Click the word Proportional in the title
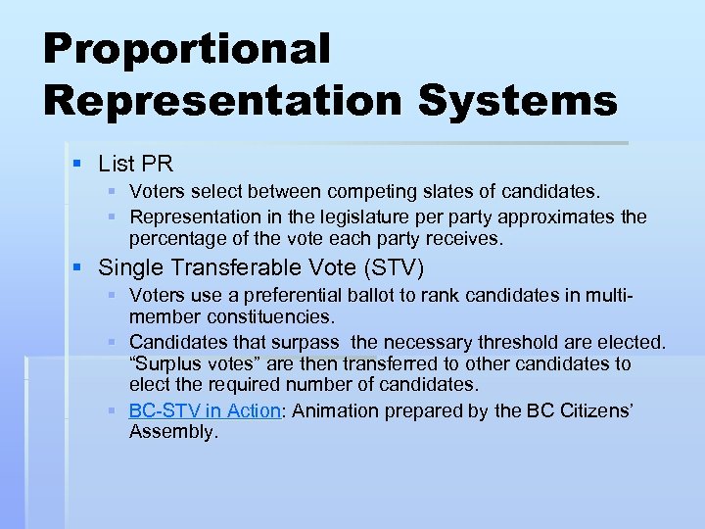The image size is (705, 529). [x=187, y=50]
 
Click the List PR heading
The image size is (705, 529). [x=135, y=165]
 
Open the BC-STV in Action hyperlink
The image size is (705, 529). [x=206, y=410]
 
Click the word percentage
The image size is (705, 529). [x=175, y=237]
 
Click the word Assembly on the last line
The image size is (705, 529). [x=172, y=431]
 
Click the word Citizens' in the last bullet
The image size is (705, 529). [x=592, y=410]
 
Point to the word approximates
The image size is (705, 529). [x=557, y=216]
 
